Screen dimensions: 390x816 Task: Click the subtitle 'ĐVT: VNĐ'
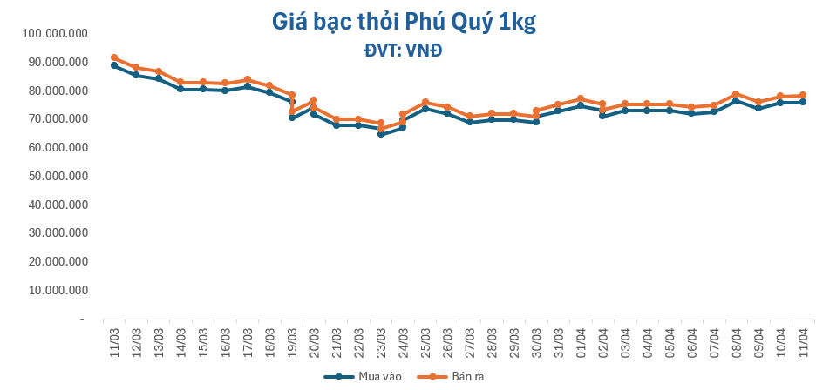tap(403, 50)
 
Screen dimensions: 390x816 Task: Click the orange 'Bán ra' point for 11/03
tap(114, 57)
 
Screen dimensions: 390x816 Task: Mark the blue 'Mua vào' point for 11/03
tap(114, 65)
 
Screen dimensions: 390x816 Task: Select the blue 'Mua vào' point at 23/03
tap(380, 134)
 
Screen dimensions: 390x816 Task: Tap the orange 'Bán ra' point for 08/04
tap(736, 94)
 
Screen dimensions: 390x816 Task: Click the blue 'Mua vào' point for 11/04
tap(802, 102)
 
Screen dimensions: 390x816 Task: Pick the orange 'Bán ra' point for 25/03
tap(425, 102)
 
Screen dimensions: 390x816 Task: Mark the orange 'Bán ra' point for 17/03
tap(248, 79)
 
